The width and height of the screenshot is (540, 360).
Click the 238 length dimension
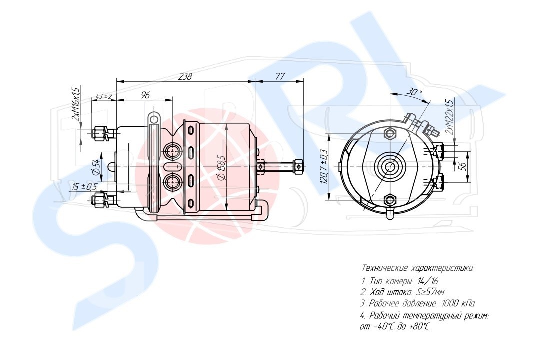185,76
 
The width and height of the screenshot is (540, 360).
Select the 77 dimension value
280,76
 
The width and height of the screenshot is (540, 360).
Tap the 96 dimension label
145,95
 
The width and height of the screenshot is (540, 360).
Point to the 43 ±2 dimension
103,96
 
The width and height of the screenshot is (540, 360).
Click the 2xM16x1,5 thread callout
75,103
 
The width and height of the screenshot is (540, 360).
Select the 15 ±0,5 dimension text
83,186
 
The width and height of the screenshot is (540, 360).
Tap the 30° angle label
415,92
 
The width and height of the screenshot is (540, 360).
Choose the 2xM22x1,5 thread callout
449,117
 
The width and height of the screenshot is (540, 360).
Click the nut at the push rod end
298,166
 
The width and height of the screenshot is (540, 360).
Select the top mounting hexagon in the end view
391,133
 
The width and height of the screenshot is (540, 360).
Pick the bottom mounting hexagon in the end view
390,200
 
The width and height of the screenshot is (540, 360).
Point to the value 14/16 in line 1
427,281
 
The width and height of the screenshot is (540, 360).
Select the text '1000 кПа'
458,303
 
